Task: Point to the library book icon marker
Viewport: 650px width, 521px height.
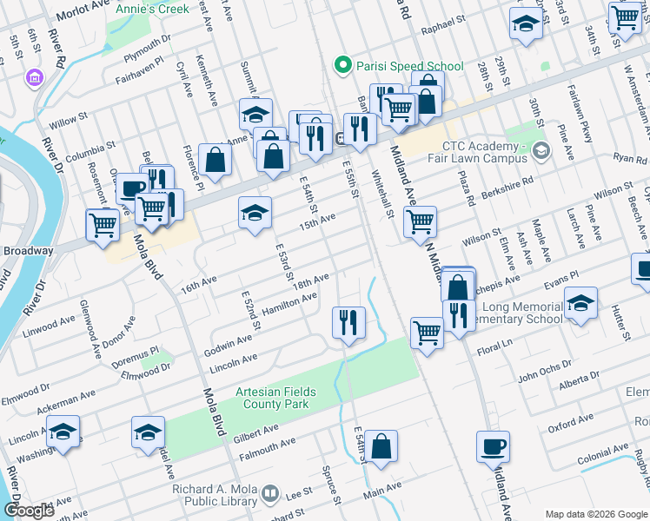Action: click(x=270, y=494)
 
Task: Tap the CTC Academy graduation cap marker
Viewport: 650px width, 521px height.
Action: click(x=542, y=152)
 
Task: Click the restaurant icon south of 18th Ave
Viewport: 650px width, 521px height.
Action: click(x=348, y=323)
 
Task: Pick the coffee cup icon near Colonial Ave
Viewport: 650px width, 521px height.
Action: click(x=493, y=446)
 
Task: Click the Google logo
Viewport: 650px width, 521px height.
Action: click(x=29, y=511)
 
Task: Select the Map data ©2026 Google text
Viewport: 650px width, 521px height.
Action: click(x=595, y=514)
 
